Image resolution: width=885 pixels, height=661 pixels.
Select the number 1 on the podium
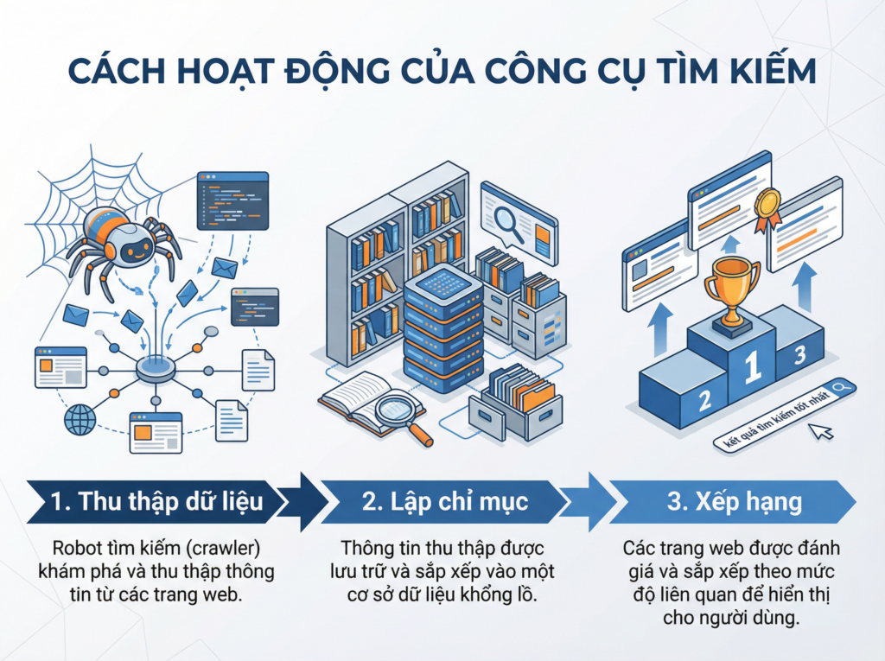pos(753,366)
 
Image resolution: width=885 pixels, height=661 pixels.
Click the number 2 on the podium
pos(704,400)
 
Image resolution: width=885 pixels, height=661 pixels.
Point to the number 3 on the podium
pos(799,353)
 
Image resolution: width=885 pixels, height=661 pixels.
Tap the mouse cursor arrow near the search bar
pos(824,429)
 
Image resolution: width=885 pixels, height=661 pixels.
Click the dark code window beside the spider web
pos(232,200)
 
